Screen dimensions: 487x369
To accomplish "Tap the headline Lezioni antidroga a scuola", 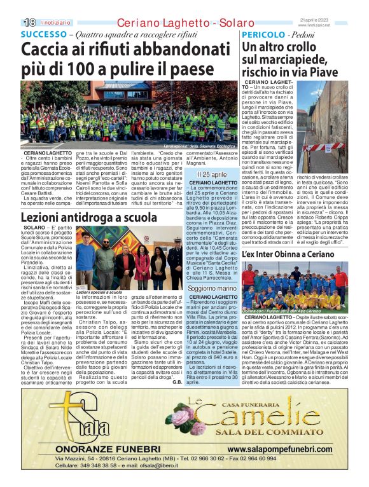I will tap(84, 217).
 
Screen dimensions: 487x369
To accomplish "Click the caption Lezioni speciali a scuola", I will tap(95, 292).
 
